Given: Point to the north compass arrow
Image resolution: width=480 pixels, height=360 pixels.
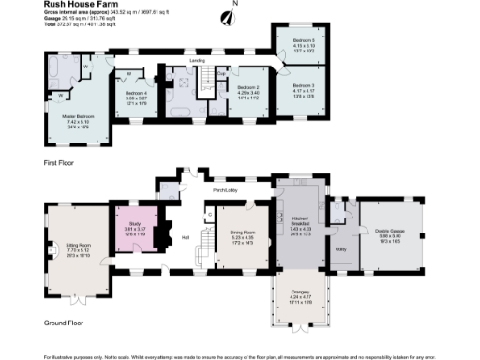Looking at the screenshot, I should click(x=226, y=16).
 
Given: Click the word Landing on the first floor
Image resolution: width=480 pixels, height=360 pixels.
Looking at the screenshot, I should click(x=198, y=61).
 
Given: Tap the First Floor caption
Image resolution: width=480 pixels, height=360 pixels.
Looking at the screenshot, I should click(x=58, y=161).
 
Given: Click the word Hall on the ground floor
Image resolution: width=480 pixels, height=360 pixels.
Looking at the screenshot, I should click(x=186, y=236).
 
